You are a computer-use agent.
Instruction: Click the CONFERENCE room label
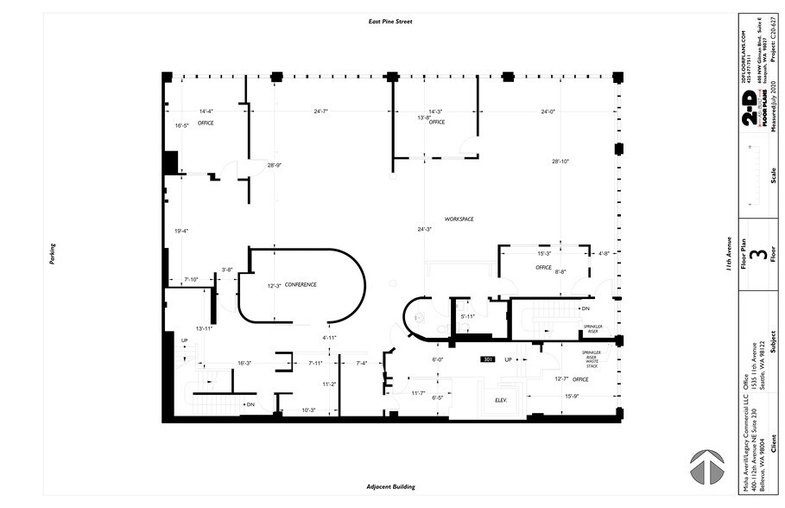[x=301, y=285]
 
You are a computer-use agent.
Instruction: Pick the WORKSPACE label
[x=459, y=219]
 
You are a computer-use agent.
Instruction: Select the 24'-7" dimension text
[x=320, y=111]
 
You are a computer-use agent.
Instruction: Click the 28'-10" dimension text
[x=561, y=162]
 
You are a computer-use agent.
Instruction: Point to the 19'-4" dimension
[x=181, y=231]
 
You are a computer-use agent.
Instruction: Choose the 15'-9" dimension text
[x=572, y=397]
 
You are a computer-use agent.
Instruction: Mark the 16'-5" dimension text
[x=181, y=126]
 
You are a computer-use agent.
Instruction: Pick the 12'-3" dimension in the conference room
[x=275, y=285]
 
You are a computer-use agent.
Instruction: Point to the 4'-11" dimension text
[x=329, y=337]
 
